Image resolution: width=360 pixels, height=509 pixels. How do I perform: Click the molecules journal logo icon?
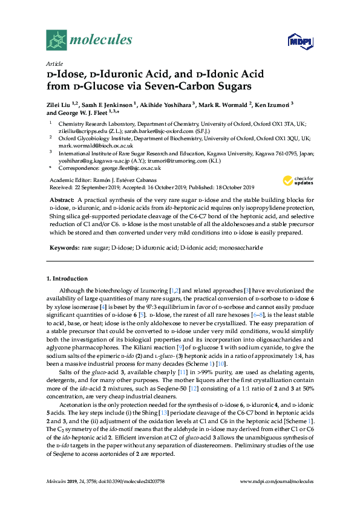tap(57, 41)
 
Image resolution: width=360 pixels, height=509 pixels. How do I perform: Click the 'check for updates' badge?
tap(296, 180)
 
